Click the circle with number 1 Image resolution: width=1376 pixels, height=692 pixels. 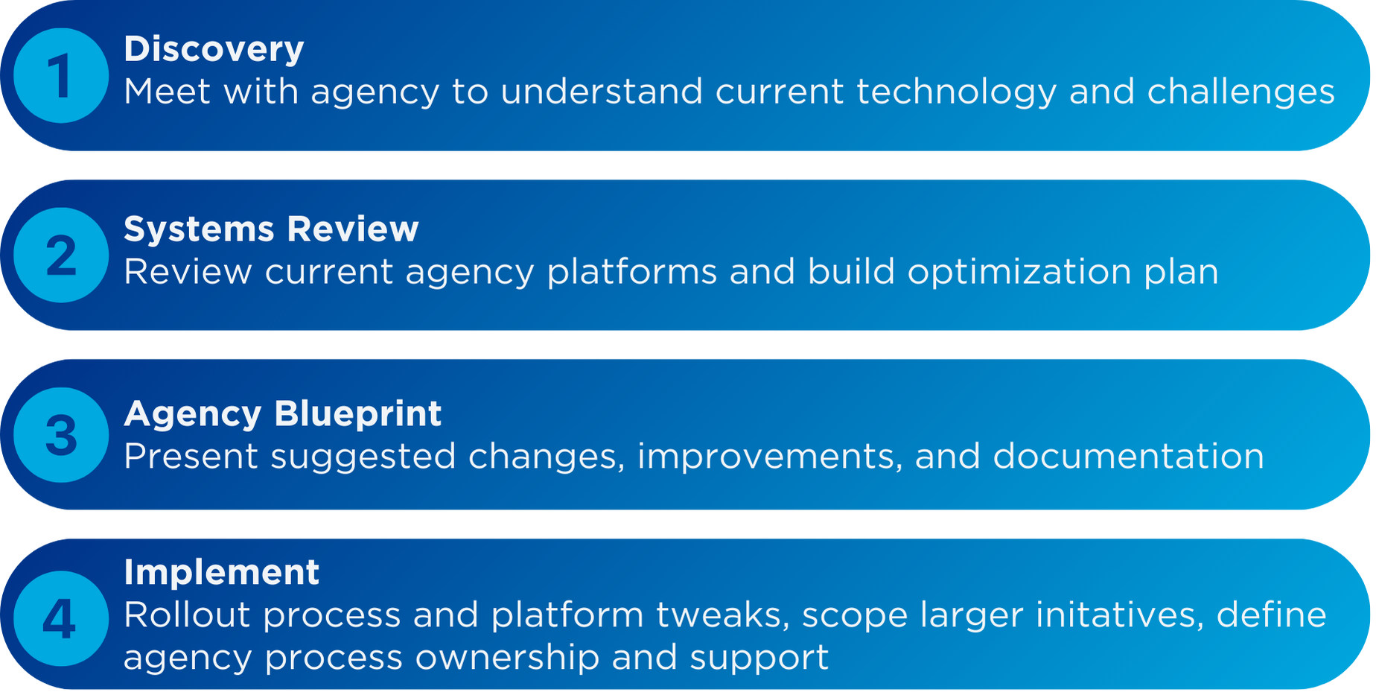coord(61,75)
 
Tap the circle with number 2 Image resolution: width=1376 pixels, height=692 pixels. coord(61,255)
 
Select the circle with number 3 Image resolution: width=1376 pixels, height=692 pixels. coord(61,435)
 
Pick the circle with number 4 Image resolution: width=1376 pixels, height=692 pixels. coord(61,618)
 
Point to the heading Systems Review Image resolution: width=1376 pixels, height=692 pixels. coord(271,229)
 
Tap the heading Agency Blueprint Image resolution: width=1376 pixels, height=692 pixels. coord(283,414)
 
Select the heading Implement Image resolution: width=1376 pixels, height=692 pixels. coord(221,573)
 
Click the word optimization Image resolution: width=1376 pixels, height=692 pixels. coord(1019,273)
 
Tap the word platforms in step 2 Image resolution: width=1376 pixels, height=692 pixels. coord(632,273)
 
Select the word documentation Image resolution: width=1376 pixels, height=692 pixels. coord(1128,456)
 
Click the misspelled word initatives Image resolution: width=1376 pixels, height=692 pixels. coord(1120,616)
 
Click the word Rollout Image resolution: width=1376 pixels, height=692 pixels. coord(187,615)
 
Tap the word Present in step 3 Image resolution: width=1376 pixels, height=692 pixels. coord(191,457)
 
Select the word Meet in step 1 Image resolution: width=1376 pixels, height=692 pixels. coord(168,92)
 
